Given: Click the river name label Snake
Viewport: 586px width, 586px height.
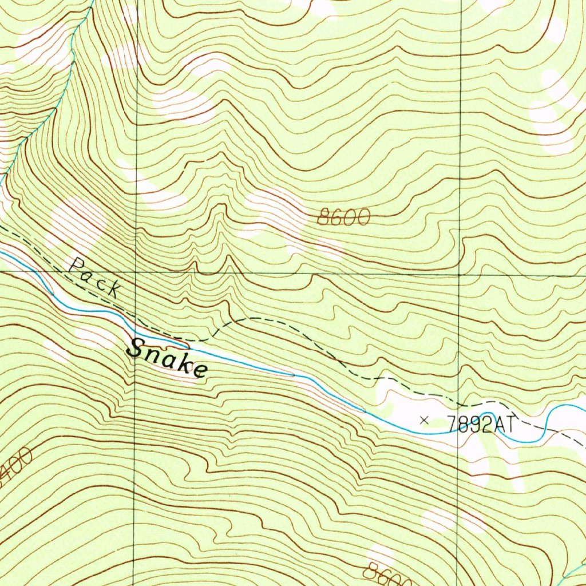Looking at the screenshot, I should (167, 358).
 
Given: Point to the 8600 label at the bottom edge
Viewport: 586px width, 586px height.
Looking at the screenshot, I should (388, 574).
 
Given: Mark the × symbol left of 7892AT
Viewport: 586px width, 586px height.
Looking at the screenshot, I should (424, 421).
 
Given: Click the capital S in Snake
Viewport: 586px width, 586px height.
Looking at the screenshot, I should (137, 349).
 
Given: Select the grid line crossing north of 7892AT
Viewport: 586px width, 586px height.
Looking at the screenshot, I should (459, 275).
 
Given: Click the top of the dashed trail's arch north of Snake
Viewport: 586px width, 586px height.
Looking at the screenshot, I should (252, 319).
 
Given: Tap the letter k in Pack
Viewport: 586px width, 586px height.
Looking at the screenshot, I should (113, 290).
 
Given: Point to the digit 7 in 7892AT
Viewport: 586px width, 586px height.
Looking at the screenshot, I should (450, 424).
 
